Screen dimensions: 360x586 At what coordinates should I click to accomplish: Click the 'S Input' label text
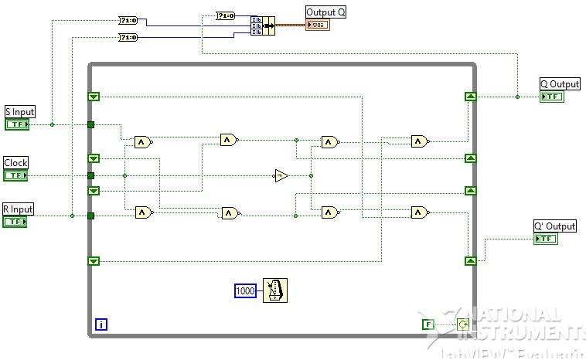(x=20, y=112)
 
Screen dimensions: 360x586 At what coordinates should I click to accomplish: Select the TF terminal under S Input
(x=16, y=124)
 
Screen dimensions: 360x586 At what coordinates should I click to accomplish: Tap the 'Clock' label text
(x=15, y=163)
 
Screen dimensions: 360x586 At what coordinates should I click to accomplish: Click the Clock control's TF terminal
(x=15, y=175)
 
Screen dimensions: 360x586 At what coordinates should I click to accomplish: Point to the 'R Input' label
(x=19, y=209)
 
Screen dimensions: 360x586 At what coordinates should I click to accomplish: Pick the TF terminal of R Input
(x=15, y=222)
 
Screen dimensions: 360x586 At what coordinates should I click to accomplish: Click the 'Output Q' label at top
(x=326, y=12)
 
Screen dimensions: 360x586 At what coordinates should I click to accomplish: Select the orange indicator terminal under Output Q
(x=318, y=25)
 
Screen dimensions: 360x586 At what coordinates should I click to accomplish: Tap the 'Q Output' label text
(x=559, y=84)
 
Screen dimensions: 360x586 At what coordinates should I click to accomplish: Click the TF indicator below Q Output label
(x=552, y=97)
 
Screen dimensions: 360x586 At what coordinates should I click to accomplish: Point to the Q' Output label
(x=555, y=226)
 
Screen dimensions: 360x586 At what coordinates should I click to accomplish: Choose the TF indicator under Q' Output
(x=545, y=239)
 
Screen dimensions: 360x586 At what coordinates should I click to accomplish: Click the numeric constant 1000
(x=245, y=290)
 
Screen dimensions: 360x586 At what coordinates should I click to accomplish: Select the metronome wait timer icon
(x=275, y=290)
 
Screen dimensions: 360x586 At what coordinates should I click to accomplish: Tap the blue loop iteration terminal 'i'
(x=101, y=324)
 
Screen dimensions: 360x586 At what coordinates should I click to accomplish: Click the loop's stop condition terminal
(x=462, y=324)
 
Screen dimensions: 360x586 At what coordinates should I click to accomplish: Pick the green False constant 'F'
(x=427, y=324)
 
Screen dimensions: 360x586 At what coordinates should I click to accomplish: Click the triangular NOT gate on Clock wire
(x=281, y=176)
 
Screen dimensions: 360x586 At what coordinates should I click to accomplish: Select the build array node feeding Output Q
(x=263, y=25)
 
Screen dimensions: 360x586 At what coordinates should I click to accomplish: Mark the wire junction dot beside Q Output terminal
(x=516, y=97)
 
